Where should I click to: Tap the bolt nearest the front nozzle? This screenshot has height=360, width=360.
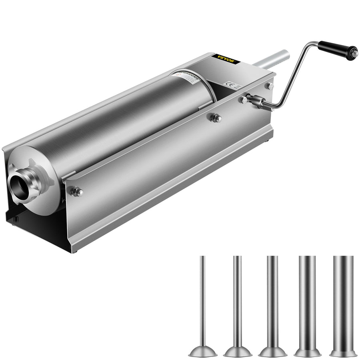(75, 192)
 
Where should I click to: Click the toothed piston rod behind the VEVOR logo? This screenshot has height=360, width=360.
(272, 58)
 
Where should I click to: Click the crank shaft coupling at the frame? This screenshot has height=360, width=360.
(256, 101)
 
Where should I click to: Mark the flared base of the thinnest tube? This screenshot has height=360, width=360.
(203, 352)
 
